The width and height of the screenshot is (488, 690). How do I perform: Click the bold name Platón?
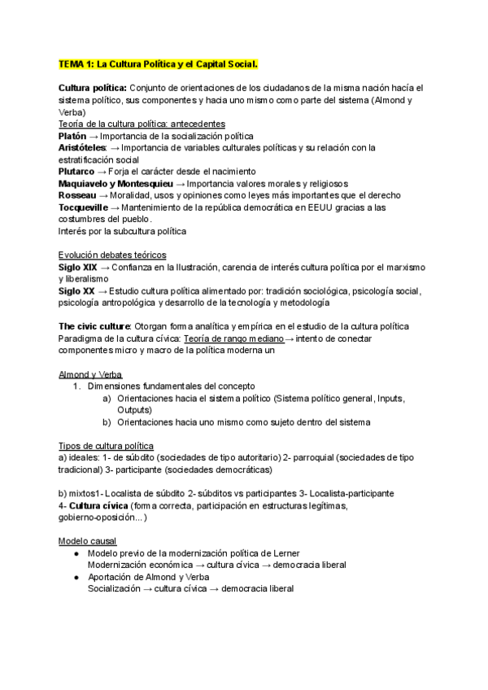72,136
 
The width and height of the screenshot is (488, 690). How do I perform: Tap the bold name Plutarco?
76,172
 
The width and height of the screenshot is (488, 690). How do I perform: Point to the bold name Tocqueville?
82,207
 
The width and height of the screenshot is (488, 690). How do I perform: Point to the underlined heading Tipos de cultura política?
106,446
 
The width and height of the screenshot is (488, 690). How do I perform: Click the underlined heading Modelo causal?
87,541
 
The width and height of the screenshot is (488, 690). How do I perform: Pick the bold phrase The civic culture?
92,326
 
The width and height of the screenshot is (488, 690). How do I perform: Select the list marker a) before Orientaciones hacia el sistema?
107,399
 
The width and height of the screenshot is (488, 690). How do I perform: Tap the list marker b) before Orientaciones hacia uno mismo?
107,422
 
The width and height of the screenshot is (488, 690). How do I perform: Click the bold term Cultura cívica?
99,505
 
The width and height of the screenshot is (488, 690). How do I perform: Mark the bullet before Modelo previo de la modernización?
76,553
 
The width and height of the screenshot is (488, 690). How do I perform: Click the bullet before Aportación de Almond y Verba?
76,577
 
